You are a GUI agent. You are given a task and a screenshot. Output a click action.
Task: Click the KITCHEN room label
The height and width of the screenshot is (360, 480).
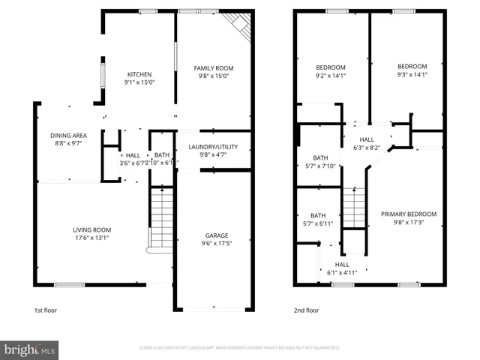pyautogui.click(x=139, y=74)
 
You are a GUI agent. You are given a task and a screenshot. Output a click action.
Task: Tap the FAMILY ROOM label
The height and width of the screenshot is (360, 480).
pyautogui.click(x=213, y=67)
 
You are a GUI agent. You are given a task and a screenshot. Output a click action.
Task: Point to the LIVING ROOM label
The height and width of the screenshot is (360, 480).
pyautogui.click(x=91, y=230)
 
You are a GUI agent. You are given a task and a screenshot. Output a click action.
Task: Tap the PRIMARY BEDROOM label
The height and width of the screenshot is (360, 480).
pyautogui.click(x=408, y=214)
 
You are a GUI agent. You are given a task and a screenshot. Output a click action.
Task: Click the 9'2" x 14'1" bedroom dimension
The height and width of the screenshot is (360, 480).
pyautogui.click(x=330, y=76)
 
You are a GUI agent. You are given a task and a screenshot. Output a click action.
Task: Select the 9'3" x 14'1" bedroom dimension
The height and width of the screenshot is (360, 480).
pyautogui.click(x=412, y=74)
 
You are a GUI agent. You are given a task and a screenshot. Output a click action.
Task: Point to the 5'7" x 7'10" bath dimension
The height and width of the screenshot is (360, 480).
pyautogui.click(x=320, y=166)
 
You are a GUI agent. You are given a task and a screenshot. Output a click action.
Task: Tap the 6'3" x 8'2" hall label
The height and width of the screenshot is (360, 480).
pyautogui.click(x=367, y=148)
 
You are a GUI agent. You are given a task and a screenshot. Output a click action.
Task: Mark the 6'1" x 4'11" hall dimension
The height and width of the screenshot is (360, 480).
pyautogui.click(x=342, y=273)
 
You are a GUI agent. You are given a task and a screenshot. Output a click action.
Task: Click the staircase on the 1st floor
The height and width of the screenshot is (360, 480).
pyautogui.click(x=161, y=220)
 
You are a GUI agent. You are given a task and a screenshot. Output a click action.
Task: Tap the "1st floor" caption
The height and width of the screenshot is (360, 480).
pyautogui.click(x=45, y=310)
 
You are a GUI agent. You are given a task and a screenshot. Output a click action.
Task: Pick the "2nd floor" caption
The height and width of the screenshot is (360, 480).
pyautogui.click(x=306, y=310)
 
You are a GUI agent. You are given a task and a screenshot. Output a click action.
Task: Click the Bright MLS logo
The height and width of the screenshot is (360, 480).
pyautogui.click(x=30, y=349)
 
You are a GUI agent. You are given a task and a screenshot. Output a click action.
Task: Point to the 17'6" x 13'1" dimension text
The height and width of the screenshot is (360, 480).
pyautogui.click(x=91, y=238)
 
